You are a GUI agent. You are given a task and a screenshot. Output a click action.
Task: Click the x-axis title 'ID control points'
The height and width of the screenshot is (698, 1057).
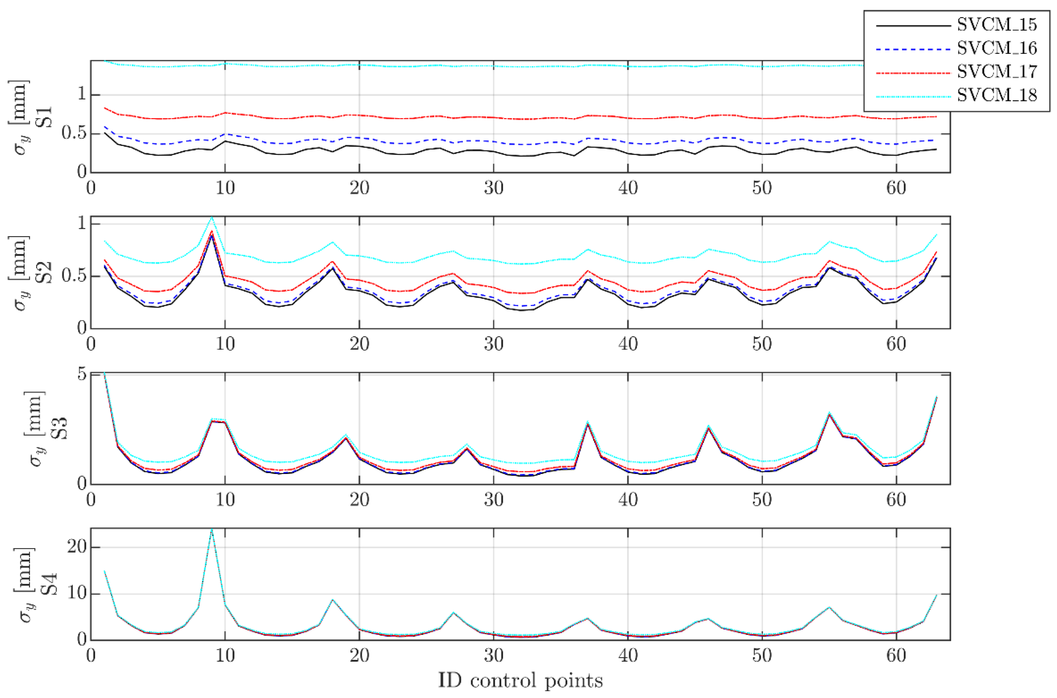521,681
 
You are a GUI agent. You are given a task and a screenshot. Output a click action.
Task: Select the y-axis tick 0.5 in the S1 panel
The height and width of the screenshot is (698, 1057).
74,133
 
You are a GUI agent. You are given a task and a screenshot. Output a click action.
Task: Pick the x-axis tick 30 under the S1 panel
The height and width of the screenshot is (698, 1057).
493,188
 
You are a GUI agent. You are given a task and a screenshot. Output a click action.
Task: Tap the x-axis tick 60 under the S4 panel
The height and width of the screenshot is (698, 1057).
896,656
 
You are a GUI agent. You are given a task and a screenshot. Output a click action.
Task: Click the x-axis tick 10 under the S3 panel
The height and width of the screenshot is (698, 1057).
225,500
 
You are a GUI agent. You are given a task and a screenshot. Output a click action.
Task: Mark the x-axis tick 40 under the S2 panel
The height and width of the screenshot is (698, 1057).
628,344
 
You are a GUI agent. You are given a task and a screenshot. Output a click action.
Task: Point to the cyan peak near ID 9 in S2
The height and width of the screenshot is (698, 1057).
212,218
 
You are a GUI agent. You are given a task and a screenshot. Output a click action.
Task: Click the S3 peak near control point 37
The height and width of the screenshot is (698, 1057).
588,422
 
